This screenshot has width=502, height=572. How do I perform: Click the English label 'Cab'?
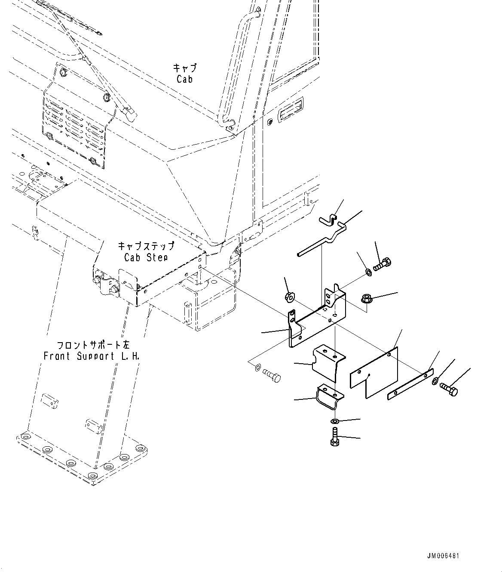[184, 79]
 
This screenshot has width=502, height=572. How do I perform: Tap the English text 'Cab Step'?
[146, 257]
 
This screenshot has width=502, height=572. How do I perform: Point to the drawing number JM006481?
[443, 556]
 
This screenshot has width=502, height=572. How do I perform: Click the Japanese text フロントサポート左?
[93, 345]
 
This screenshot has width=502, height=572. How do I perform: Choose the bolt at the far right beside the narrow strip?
[450, 390]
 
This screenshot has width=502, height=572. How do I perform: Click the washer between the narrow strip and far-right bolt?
[435, 380]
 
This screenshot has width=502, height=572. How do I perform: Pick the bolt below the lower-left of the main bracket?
[271, 376]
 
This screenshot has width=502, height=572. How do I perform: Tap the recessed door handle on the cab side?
[291, 113]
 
